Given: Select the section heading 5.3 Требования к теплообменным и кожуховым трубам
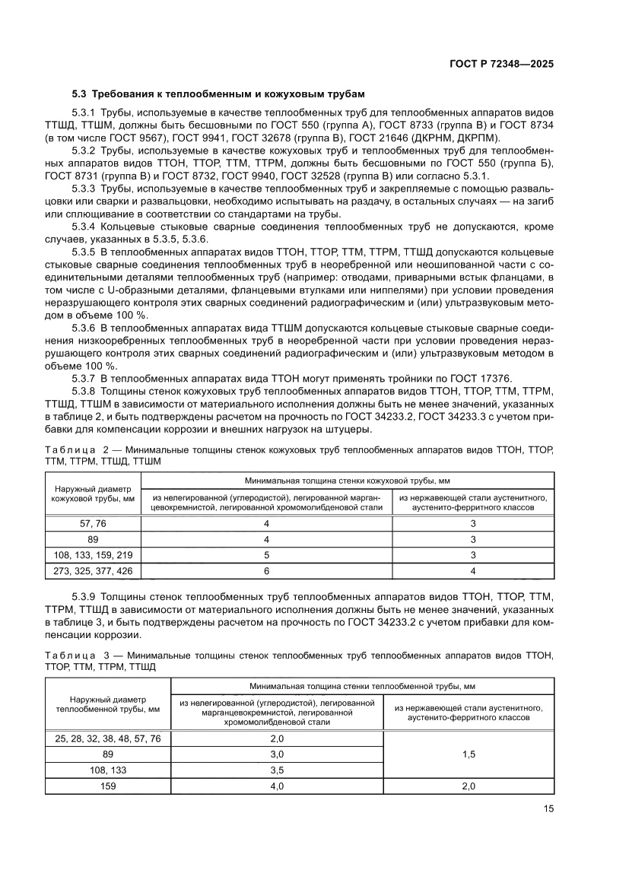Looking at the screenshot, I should point(218,94).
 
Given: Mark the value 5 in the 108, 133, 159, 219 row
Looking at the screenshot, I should point(266,554).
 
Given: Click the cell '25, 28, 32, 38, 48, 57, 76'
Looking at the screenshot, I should point(108,738).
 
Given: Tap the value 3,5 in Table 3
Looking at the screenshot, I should point(277,770).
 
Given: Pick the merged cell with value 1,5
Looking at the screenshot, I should point(469,754).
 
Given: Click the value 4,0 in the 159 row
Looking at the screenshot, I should point(277,786).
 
